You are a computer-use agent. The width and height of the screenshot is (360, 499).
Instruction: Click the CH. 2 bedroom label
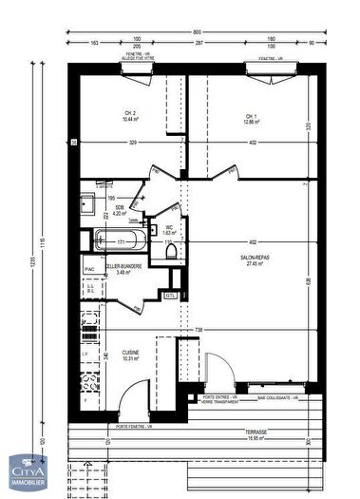tap(129, 116)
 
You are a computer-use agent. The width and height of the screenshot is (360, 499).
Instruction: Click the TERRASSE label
tap(252, 432)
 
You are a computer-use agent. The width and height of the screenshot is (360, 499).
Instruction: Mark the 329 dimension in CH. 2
tap(133, 143)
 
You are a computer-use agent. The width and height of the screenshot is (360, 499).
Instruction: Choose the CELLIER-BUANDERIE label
tap(123, 268)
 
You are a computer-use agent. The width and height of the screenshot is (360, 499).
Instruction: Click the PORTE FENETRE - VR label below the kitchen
tap(135, 425)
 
